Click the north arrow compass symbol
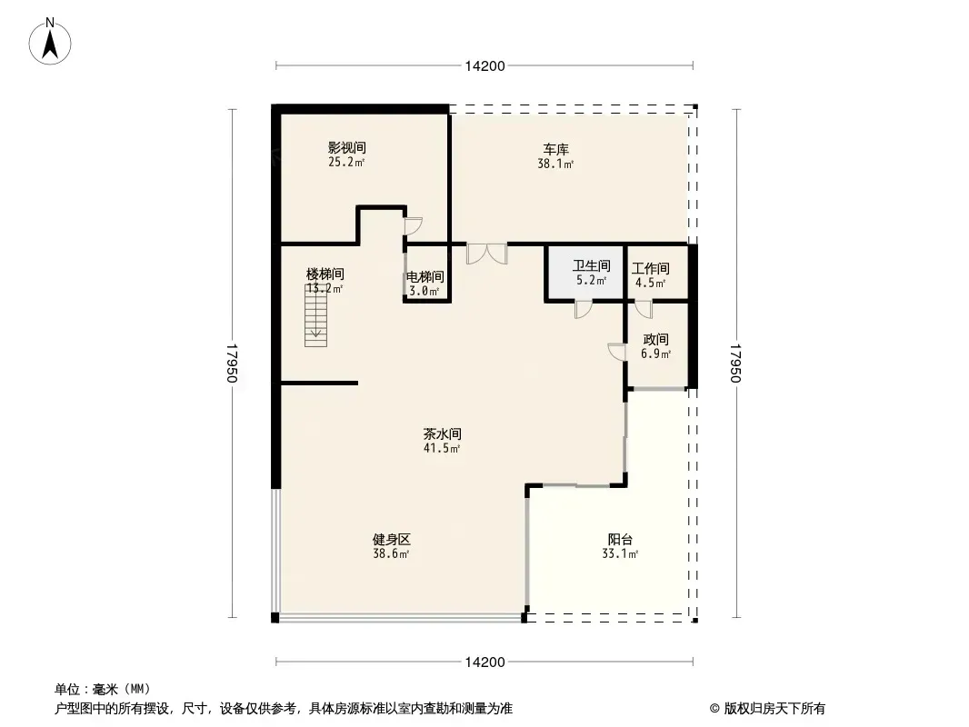[x=50, y=42]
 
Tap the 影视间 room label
[x=346, y=147]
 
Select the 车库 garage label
[x=556, y=149]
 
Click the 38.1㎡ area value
[x=555, y=164]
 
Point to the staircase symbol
[x=315, y=315]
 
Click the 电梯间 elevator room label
[x=425, y=277]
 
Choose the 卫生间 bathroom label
[x=592, y=265]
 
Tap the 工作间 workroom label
[x=650, y=269]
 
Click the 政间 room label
[x=655, y=340]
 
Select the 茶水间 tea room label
[x=442, y=433]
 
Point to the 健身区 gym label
[x=391, y=539]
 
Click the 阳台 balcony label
[x=620, y=539]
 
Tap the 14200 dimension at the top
[x=485, y=66]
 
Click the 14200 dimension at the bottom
[x=485, y=662]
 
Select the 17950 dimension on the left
[x=232, y=363]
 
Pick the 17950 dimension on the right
[x=735, y=363]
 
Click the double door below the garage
[x=487, y=254]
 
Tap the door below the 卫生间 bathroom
[x=583, y=309]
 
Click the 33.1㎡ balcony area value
[x=620, y=553]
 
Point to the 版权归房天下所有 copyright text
[x=774, y=709]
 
